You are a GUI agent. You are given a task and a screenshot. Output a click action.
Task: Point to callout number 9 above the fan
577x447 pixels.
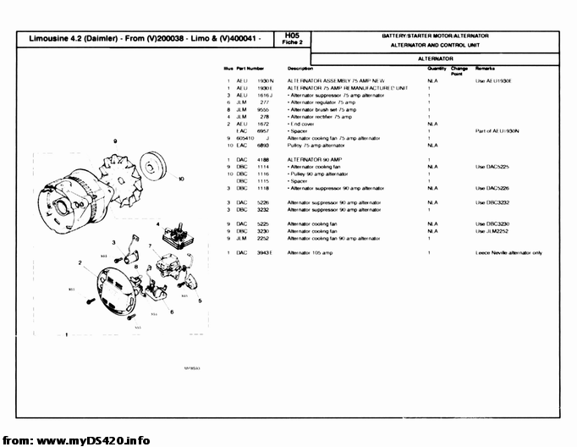[x=113, y=140]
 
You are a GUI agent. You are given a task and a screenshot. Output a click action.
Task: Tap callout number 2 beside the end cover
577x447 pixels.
[x=80, y=262]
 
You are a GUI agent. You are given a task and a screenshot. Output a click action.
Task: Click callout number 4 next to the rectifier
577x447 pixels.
[x=157, y=223]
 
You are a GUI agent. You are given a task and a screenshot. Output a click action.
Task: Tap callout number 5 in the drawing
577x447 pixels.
[x=199, y=301]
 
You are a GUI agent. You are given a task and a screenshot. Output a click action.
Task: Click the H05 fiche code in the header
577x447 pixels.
[x=294, y=36]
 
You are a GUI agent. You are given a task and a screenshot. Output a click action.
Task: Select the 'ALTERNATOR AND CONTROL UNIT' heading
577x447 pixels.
[x=435, y=45]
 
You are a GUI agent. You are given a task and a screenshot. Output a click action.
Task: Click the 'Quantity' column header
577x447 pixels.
[x=437, y=68]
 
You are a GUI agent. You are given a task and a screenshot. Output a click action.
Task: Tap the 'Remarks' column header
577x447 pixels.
[x=485, y=68]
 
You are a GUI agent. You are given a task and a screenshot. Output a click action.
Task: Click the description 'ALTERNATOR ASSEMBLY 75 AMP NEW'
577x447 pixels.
[x=336, y=80]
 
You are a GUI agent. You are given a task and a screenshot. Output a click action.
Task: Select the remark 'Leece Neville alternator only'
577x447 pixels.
[x=508, y=253]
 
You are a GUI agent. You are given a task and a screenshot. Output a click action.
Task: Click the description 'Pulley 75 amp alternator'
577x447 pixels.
[x=318, y=146]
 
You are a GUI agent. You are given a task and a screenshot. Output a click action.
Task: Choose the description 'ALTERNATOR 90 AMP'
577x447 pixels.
[x=315, y=159]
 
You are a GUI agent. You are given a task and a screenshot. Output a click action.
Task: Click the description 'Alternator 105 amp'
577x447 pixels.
[x=311, y=253]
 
